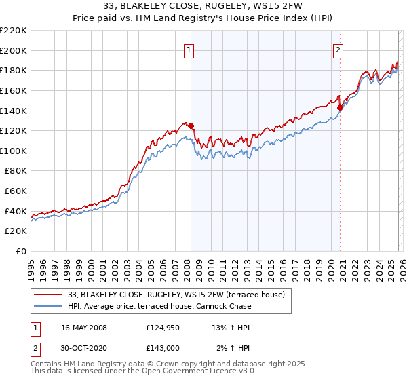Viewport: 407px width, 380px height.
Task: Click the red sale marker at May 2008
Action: [191, 126]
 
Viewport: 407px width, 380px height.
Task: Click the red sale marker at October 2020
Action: [340, 107]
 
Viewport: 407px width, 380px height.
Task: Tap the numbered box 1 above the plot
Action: [188, 49]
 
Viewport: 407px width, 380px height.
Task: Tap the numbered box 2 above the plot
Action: [338, 49]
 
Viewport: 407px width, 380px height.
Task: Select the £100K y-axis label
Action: [14, 151]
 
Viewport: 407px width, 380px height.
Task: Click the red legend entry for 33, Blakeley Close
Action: [180, 294]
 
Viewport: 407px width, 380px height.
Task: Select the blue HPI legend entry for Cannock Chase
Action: [159, 306]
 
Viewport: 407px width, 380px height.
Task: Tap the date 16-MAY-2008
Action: [84, 328]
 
